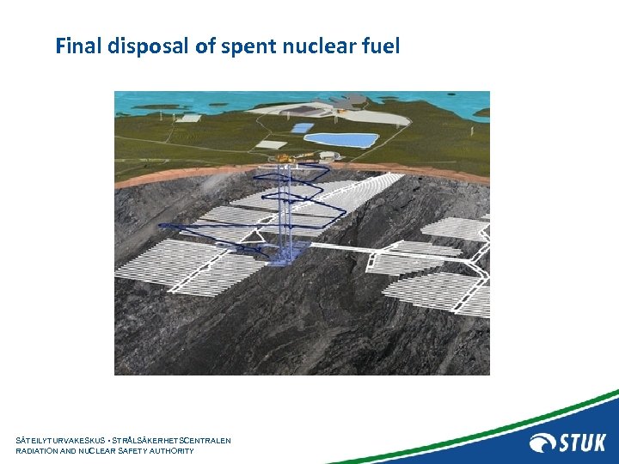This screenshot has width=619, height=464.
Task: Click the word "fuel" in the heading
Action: (383, 46)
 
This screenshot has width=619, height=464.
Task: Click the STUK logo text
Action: (583, 443)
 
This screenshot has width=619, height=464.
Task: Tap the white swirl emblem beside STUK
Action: (542, 443)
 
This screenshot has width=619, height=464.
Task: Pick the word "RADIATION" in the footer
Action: (40, 451)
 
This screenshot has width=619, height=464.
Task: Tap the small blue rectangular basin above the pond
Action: (303, 127)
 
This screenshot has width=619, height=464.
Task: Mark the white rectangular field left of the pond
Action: (273, 144)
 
